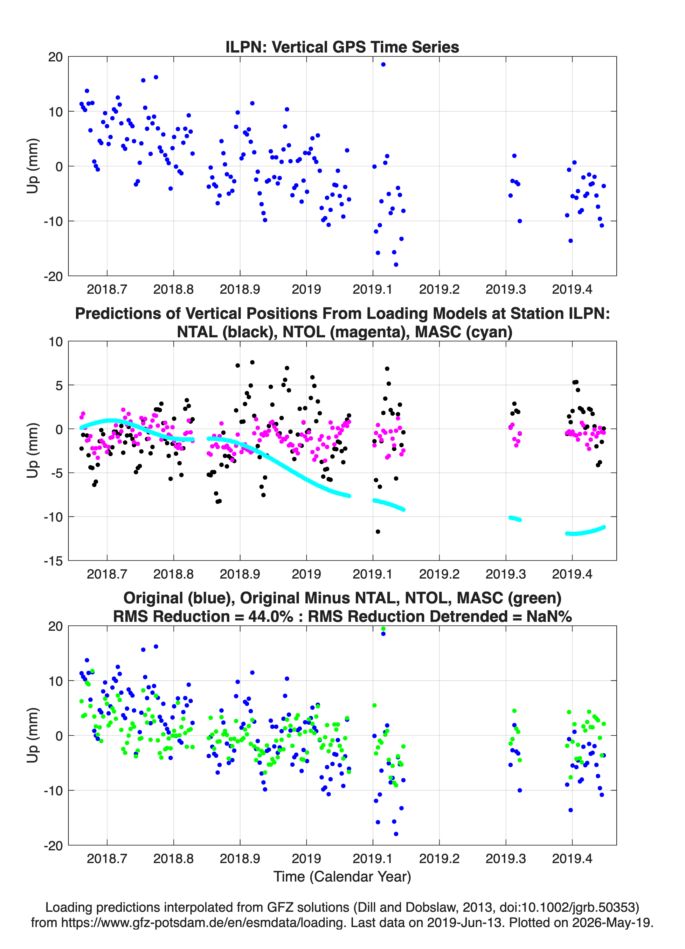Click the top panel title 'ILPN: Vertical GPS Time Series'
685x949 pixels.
click(342, 47)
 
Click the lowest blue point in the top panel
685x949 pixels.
click(396, 264)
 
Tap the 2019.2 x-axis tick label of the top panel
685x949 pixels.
click(439, 289)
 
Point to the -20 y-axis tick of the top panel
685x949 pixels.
click(53, 276)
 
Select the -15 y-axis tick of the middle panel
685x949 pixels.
click(53, 561)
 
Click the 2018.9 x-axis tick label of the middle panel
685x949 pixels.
click(240, 574)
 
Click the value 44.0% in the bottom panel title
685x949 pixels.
click(271, 616)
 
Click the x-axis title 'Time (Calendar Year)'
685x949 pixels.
click(342, 876)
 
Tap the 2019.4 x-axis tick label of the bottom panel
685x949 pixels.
click(572, 858)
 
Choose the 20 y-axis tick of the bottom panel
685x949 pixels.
click(55, 626)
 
